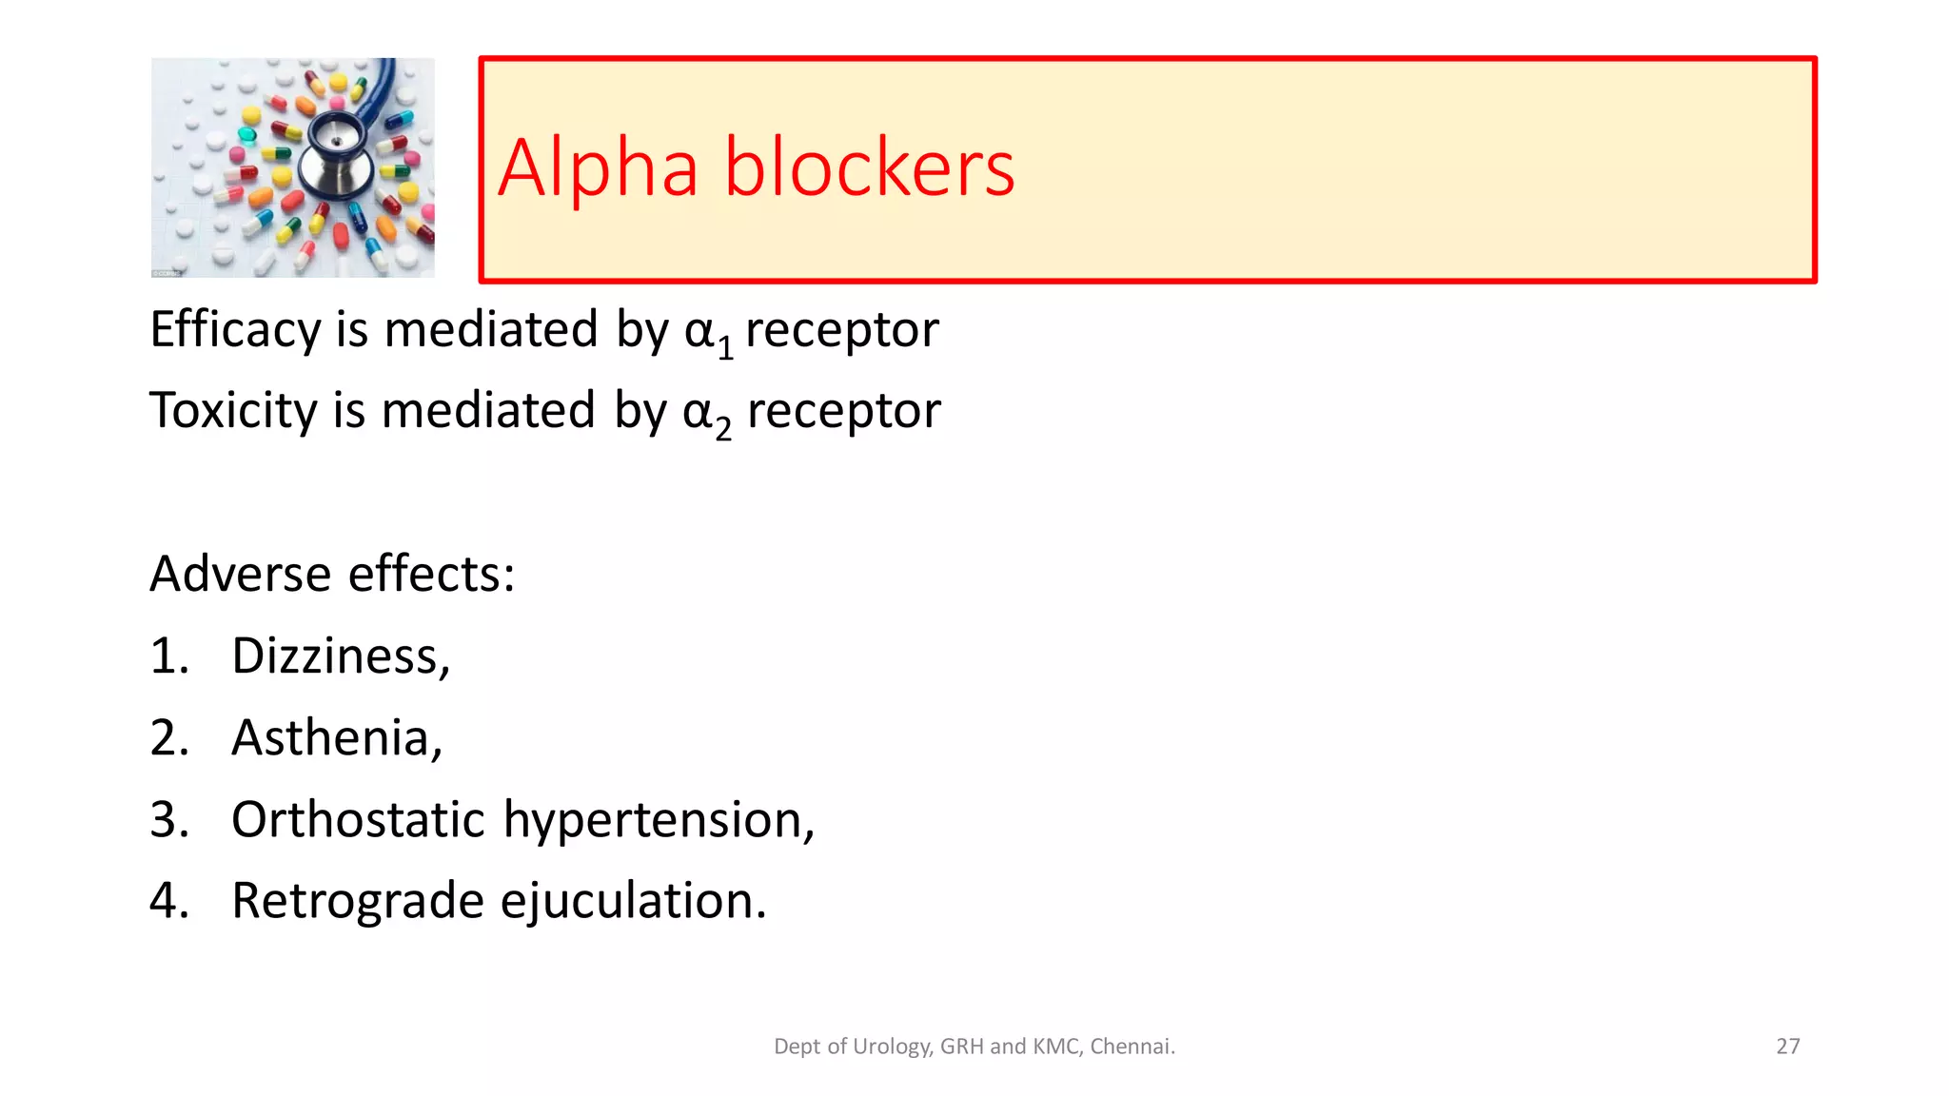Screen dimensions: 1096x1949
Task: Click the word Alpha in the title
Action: (598, 168)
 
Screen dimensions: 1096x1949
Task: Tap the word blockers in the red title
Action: (869, 168)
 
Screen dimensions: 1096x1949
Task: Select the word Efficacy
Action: (235, 330)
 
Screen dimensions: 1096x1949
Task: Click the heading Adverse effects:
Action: (332, 574)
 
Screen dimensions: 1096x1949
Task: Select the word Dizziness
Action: (335, 656)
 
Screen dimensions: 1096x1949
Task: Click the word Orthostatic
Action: (358, 819)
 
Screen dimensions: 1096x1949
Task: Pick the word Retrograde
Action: (358, 901)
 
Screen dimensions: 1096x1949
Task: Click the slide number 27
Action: (1787, 1047)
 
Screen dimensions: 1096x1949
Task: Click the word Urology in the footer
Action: (892, 1047)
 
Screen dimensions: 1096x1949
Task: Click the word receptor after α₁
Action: (841, 330)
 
